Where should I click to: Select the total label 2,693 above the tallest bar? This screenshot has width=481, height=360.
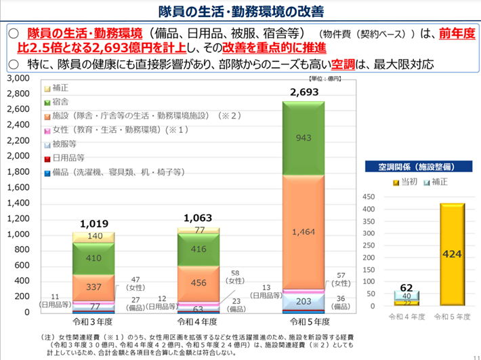tap(304, 92)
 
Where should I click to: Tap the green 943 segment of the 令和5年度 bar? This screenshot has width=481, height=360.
tap(304, 138)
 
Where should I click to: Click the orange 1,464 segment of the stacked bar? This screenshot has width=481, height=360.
tap(304, 232)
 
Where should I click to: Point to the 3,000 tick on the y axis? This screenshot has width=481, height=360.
tap(19, 79)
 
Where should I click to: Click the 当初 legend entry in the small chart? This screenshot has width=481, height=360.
tap(405, 182)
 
